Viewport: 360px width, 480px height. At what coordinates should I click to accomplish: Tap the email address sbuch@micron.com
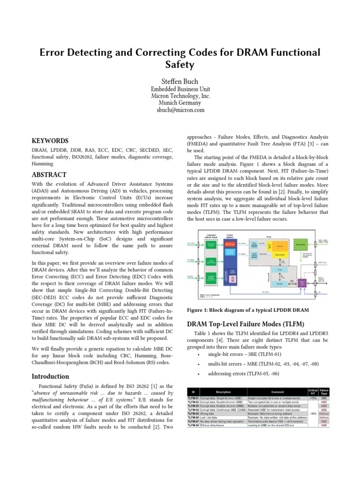tap(180, 110)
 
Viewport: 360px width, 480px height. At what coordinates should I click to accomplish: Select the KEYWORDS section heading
tap(50, 141)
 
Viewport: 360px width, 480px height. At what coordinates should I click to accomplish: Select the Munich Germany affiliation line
tap(180, 103)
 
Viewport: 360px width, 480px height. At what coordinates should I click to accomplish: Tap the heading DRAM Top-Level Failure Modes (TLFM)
tap(246, 324)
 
